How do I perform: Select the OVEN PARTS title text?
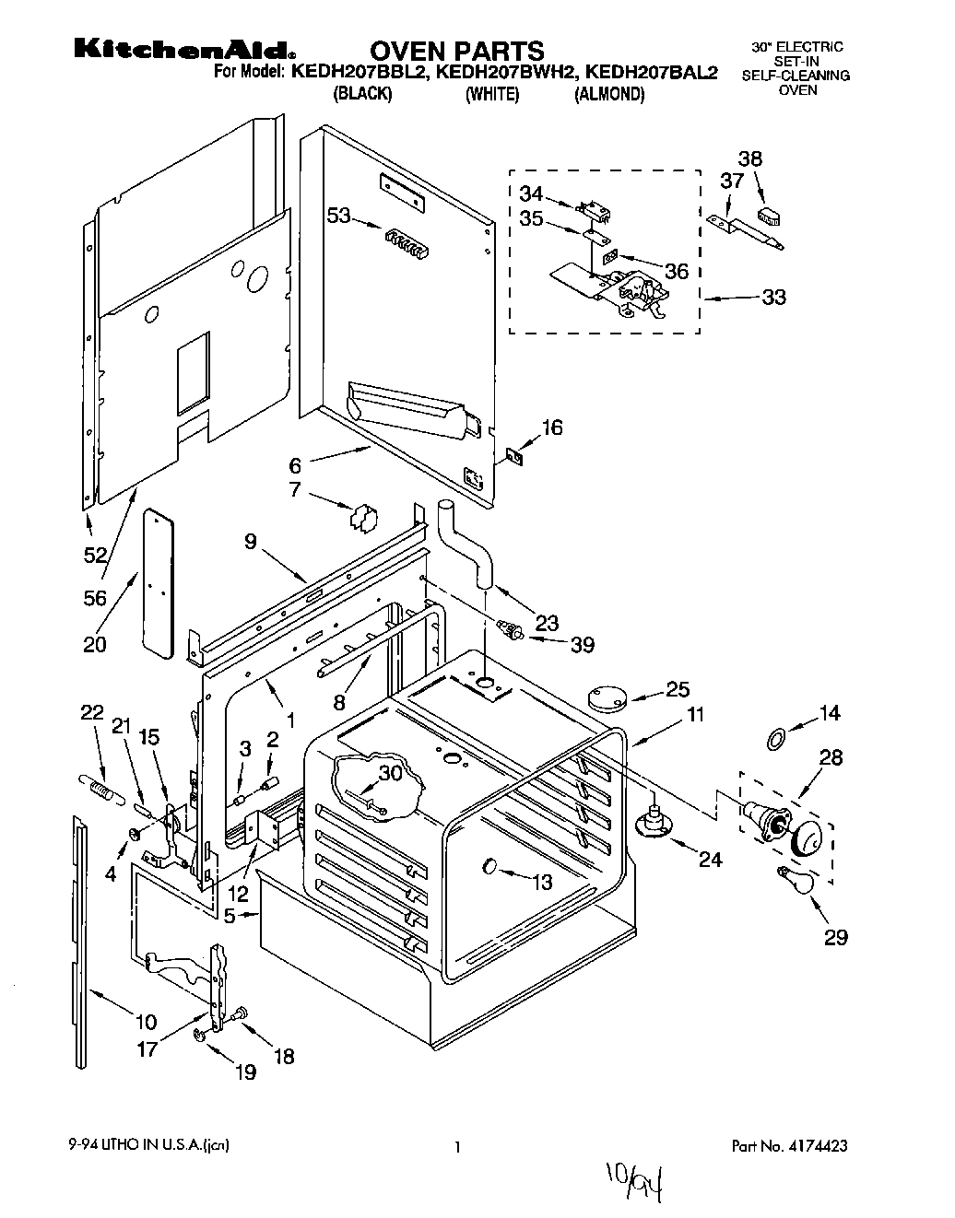coord(457,51)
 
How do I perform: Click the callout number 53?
coord(339,217)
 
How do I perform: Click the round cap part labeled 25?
coord(605,697)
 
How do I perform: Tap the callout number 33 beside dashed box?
coord(773,298)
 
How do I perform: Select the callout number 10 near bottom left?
coord(146,1021)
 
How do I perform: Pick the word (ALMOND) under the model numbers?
coord(609,95)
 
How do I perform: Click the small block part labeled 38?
coord(769,217)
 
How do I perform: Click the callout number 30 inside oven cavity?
coord(391,775)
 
